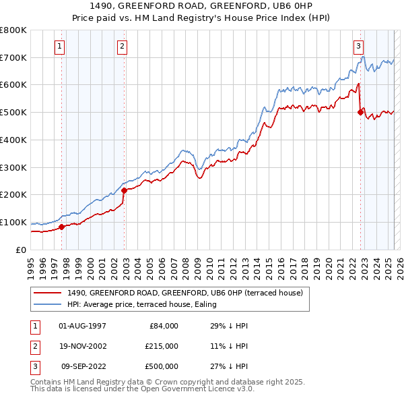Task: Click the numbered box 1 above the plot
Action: point(61,47)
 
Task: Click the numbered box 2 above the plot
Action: point(122,47)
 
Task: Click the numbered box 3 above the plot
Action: point(359,47)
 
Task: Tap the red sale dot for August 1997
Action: point(61,227)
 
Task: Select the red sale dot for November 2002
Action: point(125,190)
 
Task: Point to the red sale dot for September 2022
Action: point(360,113)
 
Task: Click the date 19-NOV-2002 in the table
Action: point(83,346)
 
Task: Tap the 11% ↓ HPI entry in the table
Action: point(229,346)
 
